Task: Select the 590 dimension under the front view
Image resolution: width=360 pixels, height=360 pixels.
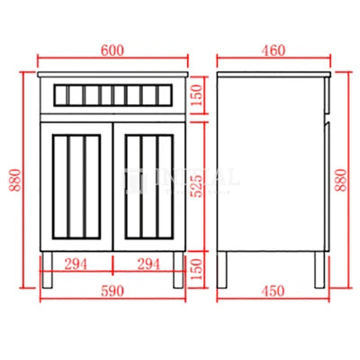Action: pos(112,291)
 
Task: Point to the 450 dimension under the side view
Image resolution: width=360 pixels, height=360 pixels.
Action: pos(270,291)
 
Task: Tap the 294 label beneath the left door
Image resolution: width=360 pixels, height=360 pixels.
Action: pos(76,264)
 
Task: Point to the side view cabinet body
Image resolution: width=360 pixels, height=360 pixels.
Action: pos(268,162)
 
